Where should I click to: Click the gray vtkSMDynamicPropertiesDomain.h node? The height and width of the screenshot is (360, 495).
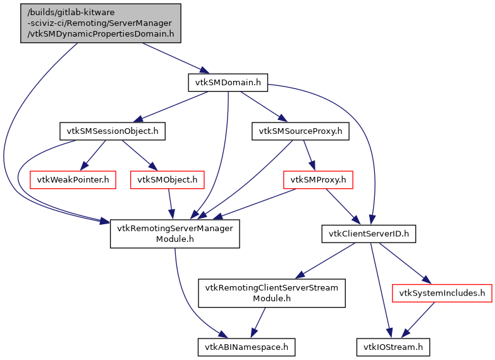point(101,23)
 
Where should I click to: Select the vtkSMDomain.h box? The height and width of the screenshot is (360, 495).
point(228,81)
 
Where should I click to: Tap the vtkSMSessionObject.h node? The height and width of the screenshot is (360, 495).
point(113,131)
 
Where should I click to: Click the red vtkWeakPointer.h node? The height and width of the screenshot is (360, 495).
point(73,180)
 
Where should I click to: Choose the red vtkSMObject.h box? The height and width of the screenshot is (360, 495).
point(168,180)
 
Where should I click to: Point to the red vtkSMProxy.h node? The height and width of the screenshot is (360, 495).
point(318,180)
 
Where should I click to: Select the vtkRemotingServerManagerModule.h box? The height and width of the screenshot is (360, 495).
point(175,234)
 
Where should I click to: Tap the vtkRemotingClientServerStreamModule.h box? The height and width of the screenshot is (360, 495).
point(272,293)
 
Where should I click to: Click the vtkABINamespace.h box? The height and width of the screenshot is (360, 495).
point(247,347)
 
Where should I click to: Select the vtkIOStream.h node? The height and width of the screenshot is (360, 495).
point(393,347)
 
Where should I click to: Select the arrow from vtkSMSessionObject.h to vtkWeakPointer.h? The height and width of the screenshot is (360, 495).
point(95,154)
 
